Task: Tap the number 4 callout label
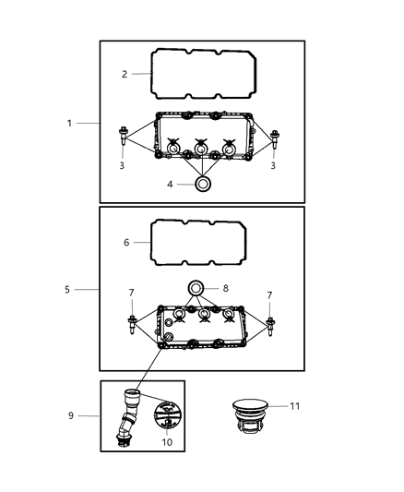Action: (x=170, y=185)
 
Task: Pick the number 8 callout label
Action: (x=227, y=288)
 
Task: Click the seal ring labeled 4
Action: (x=200, y=185)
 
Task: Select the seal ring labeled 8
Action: (x=196, y=288)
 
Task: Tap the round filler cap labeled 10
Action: (x=164, y=418)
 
